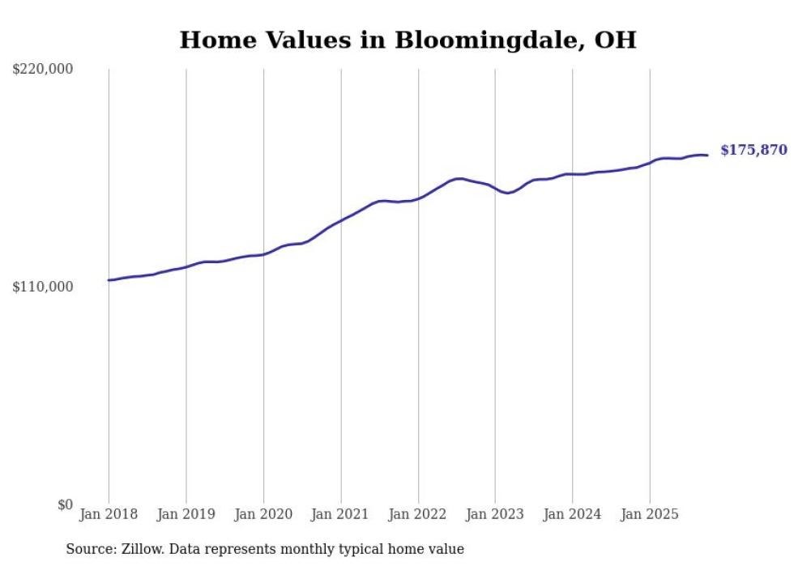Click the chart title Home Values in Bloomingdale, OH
pyautogui.click(x=408, y=40)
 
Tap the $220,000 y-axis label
pyautogui.click(x=43, y=70)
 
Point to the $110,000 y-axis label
pyautogui.click(x=43, y=287)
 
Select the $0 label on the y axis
pyautogui.click(x=65, y=504)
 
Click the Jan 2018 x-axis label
pyautogui.click(x=109, y=514)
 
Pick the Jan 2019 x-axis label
pyautogui.click(x=186, y=514)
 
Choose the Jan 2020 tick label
pyautogui.click(x=263, y=514)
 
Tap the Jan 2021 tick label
pyautogui.click(x=341, y=514)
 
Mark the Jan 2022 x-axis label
pyautogui.click(x=418, y=514)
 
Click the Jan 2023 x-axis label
pyautogui.click(x=495, y=514)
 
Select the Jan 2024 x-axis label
pyautogui.click(x=573, y=514)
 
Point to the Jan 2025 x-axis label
pyautogui.click(x=650, y=514)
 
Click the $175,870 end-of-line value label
pyautogui.click(x=753, y=150)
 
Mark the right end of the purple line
pyautogui.click(x=707, y=155)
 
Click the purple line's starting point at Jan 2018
pyautogui.click(x=109, y=280)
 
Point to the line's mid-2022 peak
pyautogui.click(x=459, y=178)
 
